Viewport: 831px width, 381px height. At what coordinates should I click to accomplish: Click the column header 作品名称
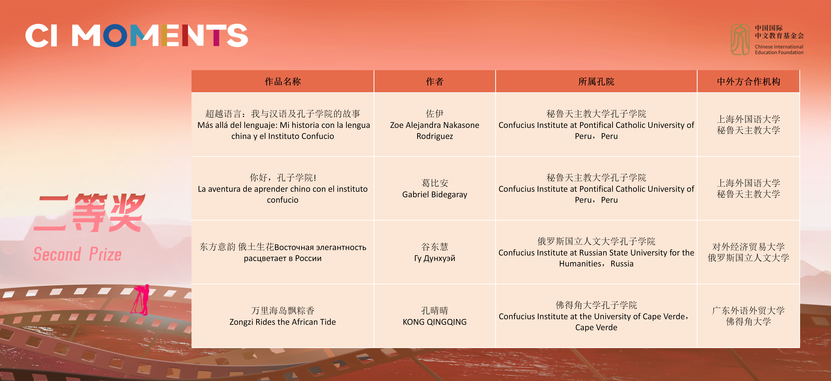[283, 81]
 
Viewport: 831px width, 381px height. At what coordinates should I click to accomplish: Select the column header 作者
[435, 81]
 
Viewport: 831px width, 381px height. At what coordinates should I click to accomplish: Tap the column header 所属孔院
[596, 81]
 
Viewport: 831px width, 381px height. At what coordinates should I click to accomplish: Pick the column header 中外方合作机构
[748, 81]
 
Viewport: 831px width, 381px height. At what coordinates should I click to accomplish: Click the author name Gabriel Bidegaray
[435, 194]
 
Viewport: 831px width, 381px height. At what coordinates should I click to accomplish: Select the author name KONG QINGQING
[435, 322]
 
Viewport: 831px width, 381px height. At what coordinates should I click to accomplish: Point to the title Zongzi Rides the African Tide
[283, 322]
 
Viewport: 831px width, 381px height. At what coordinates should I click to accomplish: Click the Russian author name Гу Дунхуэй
[435, 258]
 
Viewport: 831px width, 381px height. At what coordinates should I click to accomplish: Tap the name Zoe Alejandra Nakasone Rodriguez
[435, 130]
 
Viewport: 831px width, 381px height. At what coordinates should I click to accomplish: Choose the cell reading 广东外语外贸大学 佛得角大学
[748, 316]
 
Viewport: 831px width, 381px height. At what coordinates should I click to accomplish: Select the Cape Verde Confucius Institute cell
[596, 316]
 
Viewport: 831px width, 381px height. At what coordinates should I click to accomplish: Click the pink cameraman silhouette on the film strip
[141, 300]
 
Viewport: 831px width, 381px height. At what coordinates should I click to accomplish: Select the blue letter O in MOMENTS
[115, 35]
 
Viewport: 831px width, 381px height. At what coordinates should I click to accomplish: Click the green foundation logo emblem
[740, 39]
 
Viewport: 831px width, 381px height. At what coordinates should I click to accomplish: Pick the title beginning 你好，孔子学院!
[283, 189]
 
